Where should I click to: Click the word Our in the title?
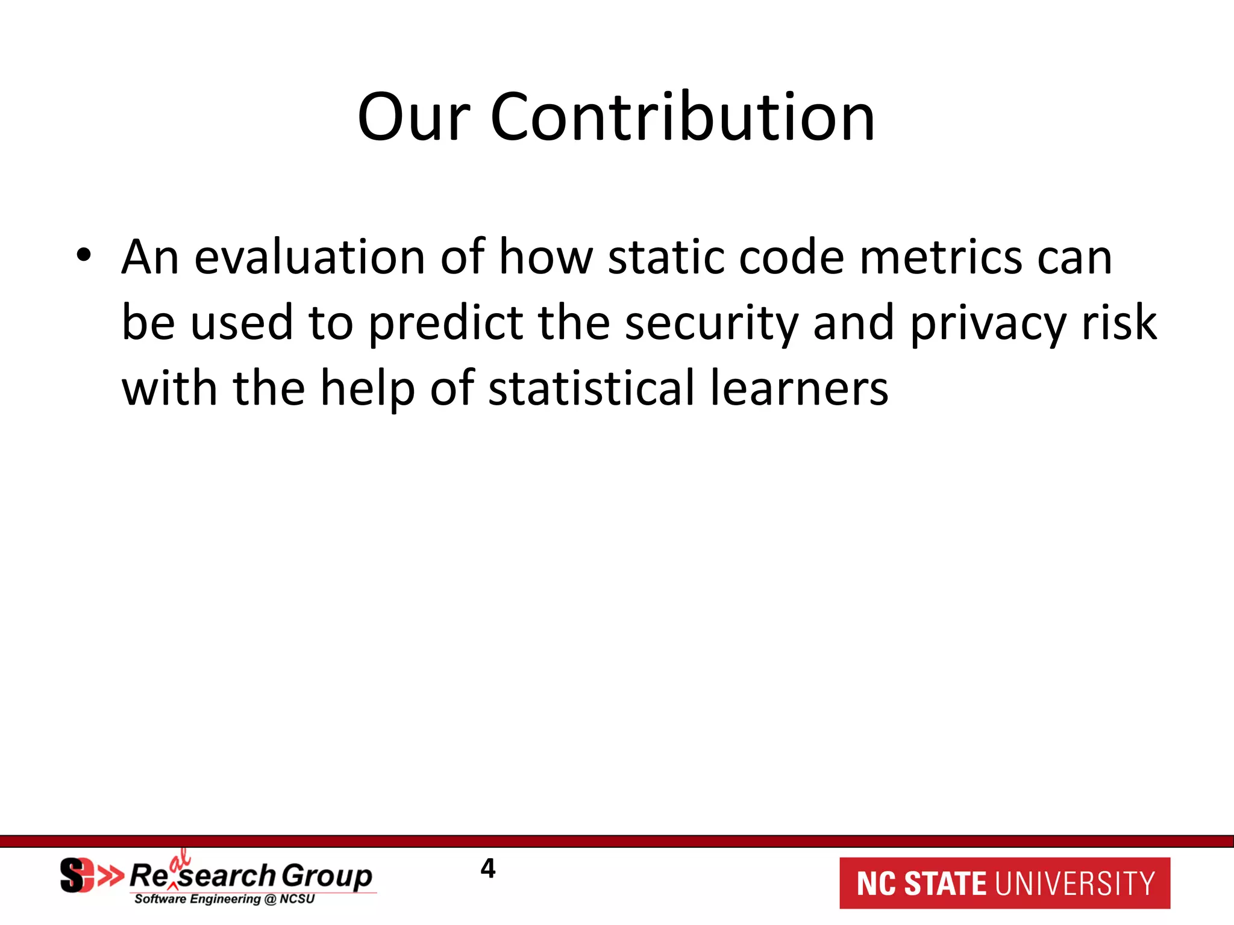coord(413,117)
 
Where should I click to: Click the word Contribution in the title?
coord(682,117)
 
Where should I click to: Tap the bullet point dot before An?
coord(84,255)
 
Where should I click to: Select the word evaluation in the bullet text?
coord(309,258)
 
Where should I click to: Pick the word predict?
coord(446,324)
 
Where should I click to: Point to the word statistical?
coord(592,388)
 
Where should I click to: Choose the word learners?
coord(799,388)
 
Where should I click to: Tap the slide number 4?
coord(488,868)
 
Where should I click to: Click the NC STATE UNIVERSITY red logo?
coord(1004,883)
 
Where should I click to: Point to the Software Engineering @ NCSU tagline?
coord(224,899)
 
